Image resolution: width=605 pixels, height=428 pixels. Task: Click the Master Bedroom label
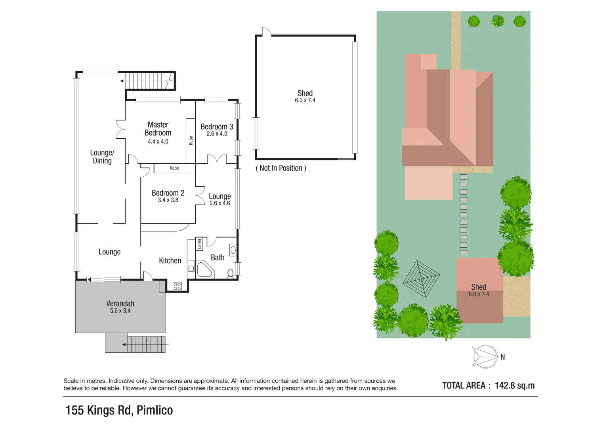158,129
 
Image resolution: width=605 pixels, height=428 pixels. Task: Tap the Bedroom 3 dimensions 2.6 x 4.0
217,134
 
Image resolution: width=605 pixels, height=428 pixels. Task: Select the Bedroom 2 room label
168,193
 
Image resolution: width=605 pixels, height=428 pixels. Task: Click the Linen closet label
200,244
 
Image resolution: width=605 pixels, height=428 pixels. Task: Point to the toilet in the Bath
231,273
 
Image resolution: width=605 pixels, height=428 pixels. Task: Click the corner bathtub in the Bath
204,269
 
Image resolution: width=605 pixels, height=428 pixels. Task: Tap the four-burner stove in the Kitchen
177,286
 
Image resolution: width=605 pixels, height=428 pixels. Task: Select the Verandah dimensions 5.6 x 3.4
120,311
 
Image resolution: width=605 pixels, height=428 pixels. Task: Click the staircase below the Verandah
146,344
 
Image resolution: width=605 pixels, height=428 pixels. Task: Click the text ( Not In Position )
281,168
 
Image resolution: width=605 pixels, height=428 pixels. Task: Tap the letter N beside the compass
502,357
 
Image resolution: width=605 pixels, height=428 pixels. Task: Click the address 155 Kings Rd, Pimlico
119,410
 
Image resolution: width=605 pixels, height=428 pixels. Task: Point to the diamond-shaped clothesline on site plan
421,279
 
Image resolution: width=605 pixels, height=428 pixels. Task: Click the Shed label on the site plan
479,287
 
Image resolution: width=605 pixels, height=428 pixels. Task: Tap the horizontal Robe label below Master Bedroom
174,168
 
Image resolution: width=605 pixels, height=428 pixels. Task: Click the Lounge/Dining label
102,157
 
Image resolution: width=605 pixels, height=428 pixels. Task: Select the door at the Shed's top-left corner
266,32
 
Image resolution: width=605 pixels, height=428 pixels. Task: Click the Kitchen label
170,260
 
